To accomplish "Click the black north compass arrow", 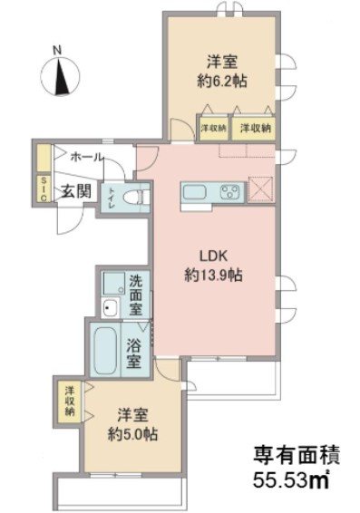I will point(61,79).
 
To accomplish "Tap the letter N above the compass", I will point(57,51).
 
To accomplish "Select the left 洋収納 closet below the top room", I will point(214,128).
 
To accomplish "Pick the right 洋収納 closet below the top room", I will point(255,128).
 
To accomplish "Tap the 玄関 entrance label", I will point(74,191).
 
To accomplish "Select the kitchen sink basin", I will point(196,192).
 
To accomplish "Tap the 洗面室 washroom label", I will point(135,294).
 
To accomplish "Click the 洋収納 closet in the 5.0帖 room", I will point(69,401).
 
